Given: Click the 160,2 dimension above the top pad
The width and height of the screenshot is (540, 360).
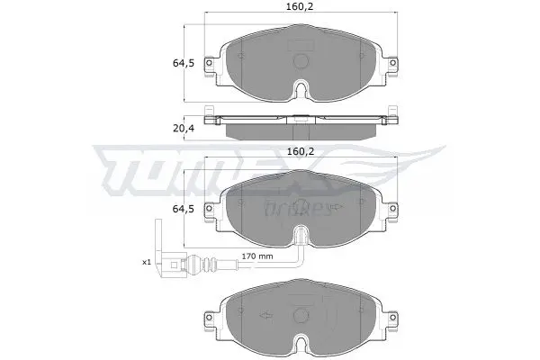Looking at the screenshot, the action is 301,6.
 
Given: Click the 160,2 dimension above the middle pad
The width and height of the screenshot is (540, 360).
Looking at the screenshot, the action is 301,151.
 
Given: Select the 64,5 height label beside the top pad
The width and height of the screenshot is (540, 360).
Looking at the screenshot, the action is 184,63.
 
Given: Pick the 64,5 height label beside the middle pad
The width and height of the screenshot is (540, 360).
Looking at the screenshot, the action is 184,209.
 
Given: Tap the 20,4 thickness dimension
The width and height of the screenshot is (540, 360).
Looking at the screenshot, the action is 184,128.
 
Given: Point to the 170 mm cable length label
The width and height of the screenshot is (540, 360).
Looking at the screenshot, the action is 256,256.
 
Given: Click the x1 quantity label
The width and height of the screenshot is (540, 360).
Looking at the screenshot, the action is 147,262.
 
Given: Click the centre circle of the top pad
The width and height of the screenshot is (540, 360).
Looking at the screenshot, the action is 301,61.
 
